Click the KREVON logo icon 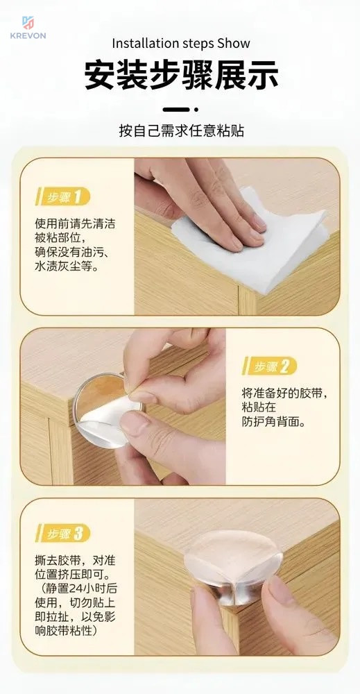click(x=28, y=23)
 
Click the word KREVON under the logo click(x=28, y=35)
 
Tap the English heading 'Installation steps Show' click(x=181, y=43)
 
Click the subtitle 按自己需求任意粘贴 click(x=181, y=131)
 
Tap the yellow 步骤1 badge click(x=62, y=196)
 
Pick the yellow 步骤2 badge click(x=269, y=366)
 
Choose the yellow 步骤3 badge click(x=62, y=533)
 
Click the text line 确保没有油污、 click(x=72, y=252)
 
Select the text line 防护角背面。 click(x=273, y=422)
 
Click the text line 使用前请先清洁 click(x=75, y=223)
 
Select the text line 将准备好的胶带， click(x=286, y=393)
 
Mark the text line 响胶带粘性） click(x=67, y=630)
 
